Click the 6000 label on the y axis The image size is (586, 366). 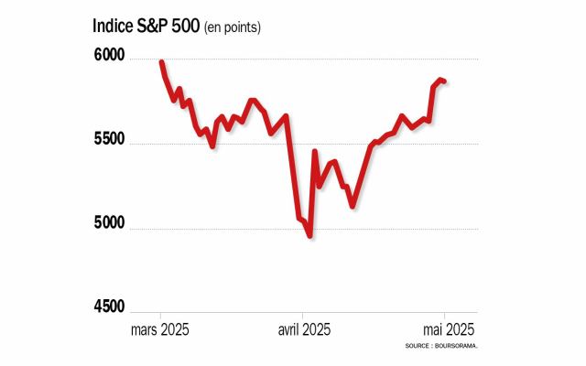pyautogui.click(x=111, y=57)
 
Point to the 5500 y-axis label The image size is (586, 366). pyautogui.click(x=111, y=143)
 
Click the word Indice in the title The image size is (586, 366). pyautogui.click(x=114, y=26)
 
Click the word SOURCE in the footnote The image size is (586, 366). pyautogui.click(x=418, y=347)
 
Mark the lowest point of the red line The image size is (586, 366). pyautogui.click(x=310, y=236)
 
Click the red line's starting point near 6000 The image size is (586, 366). pyautogui.click(x=161, y=62)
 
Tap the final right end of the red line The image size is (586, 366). pyautogui.click(x=445, y=81)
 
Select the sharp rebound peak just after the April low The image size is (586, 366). pyautogui.click(x=315, y=152)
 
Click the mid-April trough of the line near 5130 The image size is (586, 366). pyautogui.click(x=353, y=207)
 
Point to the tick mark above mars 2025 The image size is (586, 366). pyautogui.click(x=160, y=314)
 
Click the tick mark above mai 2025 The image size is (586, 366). pyautogui.click(x=446, y=314)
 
